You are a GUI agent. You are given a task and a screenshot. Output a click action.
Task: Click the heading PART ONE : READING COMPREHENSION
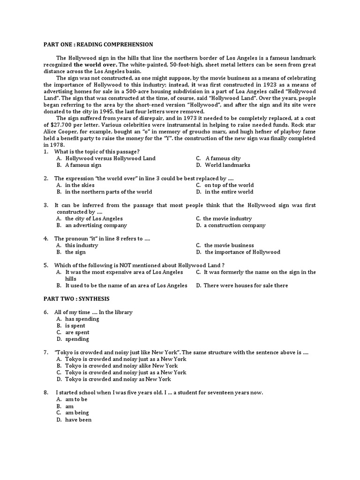coord(98,45)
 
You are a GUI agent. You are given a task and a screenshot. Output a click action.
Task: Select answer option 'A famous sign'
coord(83,165)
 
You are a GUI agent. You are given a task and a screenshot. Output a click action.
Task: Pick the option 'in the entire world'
coord(229,192)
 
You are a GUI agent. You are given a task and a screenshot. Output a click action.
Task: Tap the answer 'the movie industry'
coord(227,218)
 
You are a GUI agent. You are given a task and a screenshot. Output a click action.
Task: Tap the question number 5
coord(46,265)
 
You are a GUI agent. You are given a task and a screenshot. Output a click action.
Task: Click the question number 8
coord(46,392)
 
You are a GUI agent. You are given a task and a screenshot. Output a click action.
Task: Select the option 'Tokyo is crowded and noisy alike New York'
coord(121,366)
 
